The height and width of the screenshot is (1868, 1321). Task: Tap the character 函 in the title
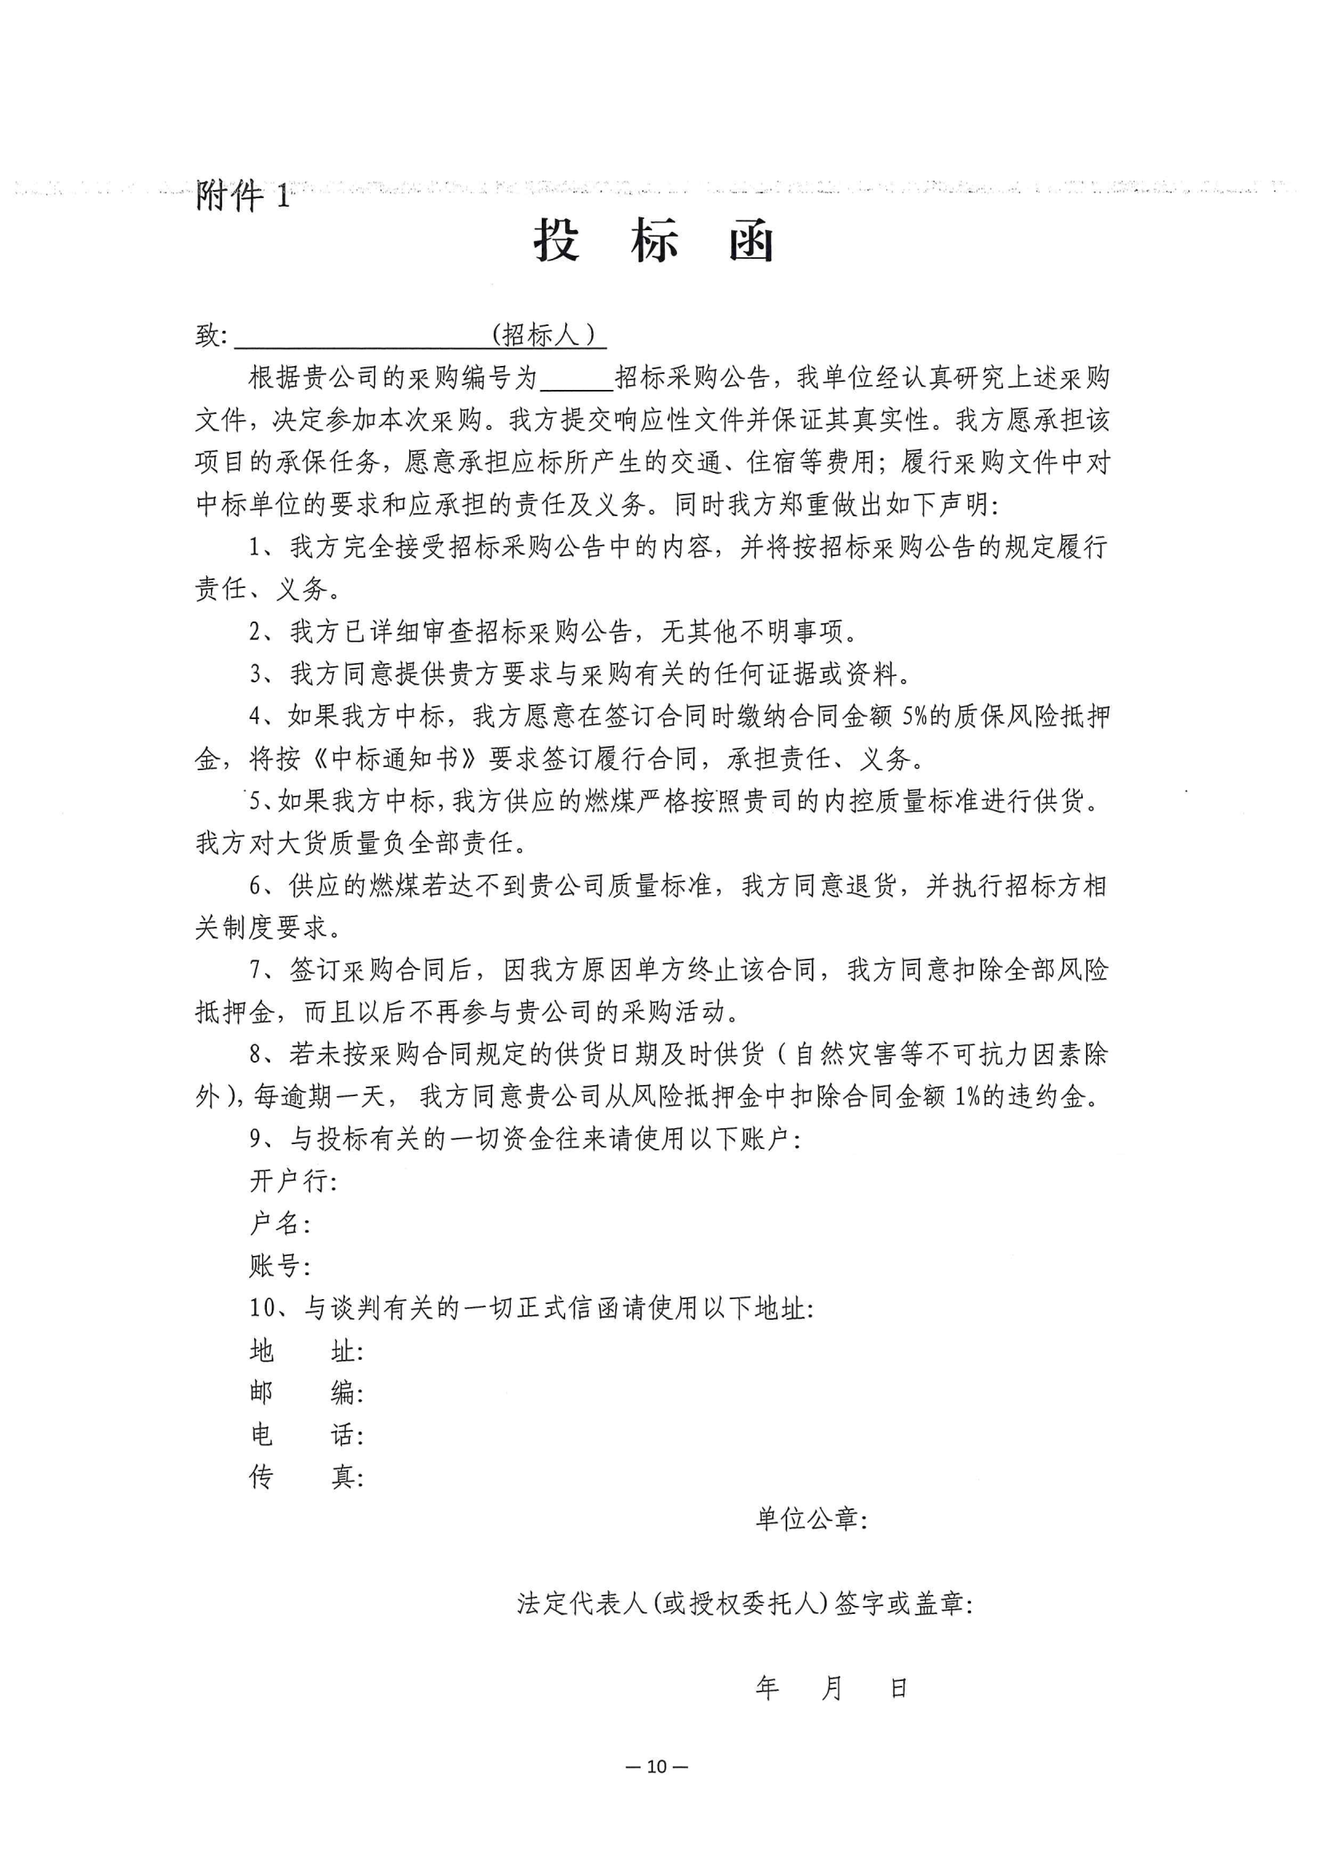[750, 240]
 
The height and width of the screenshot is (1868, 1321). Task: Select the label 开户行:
[293, 1182]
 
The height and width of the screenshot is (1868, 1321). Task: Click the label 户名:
[280, 1224]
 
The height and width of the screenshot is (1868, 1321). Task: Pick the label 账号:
[280, 1266]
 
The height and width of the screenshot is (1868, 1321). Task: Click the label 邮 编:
[306, 1393]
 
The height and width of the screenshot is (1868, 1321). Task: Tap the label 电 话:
[306, 1435]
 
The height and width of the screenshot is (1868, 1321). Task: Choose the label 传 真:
[306, 1477]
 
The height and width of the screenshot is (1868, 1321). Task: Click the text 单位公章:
[810, 1519]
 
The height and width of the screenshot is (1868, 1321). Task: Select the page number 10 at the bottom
[656, 1767]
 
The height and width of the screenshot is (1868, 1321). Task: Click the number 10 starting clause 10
[263, 1308]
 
